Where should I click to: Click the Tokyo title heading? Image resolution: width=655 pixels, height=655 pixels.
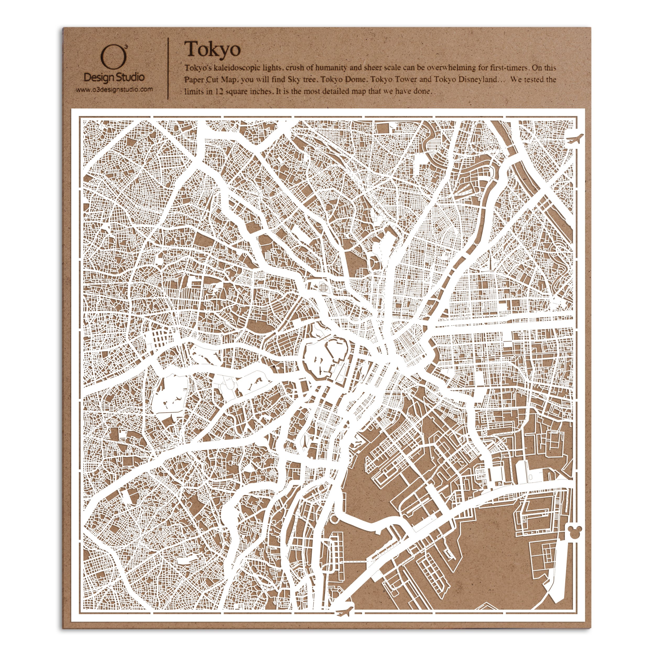(x=212, y=50)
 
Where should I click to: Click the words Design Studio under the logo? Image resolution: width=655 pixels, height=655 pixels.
(x=114, y=78)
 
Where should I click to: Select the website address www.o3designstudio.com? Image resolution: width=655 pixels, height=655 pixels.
(x=114, y=90)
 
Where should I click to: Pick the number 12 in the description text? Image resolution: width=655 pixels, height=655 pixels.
(x=219, y=91)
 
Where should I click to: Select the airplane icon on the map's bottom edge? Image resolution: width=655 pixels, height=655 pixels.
(x=345, y=611)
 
